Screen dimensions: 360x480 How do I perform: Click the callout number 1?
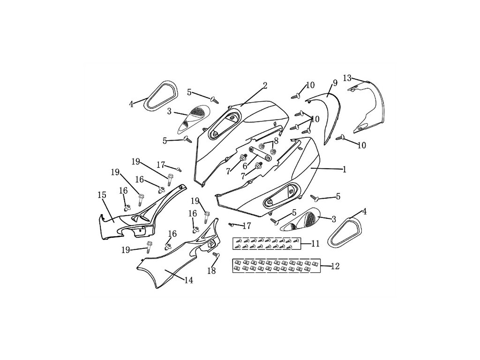pos(345,170)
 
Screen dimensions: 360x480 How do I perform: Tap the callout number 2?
pos(265,85)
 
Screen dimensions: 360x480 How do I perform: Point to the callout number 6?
pos(245,165)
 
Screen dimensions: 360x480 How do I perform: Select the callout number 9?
pos(335,83)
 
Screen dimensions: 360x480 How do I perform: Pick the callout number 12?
pos(335,266)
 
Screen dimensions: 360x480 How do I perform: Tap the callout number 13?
pos(347,77)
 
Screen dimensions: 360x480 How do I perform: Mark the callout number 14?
pos(188,280)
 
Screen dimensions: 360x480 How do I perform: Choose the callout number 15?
pos(101,195)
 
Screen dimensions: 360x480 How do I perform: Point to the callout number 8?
pos(276,140)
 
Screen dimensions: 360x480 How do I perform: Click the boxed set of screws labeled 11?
pos(266,243)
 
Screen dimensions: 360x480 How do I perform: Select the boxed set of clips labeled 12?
pos(277,266)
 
